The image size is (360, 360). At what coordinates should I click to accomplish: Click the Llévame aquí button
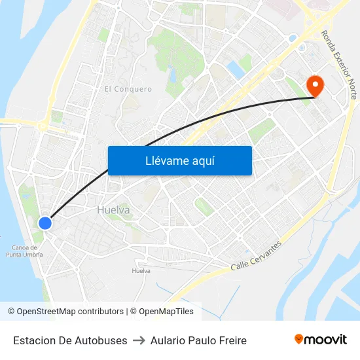179,160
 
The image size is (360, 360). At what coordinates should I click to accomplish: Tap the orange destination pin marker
315,85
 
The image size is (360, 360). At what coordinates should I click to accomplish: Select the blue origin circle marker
45,223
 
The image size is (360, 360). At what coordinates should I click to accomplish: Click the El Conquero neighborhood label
128,89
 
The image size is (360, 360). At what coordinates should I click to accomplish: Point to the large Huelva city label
113,210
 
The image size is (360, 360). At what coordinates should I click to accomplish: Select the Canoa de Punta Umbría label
27,251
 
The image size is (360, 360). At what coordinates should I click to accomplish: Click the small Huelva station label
141,270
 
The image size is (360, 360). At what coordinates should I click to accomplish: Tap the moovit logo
321,339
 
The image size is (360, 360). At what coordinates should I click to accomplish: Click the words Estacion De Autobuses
70,340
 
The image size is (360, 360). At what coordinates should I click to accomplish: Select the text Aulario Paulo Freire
198,340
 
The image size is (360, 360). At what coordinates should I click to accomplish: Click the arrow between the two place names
139,340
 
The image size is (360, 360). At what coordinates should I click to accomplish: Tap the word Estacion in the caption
33,340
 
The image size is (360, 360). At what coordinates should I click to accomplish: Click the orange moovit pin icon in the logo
299,339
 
